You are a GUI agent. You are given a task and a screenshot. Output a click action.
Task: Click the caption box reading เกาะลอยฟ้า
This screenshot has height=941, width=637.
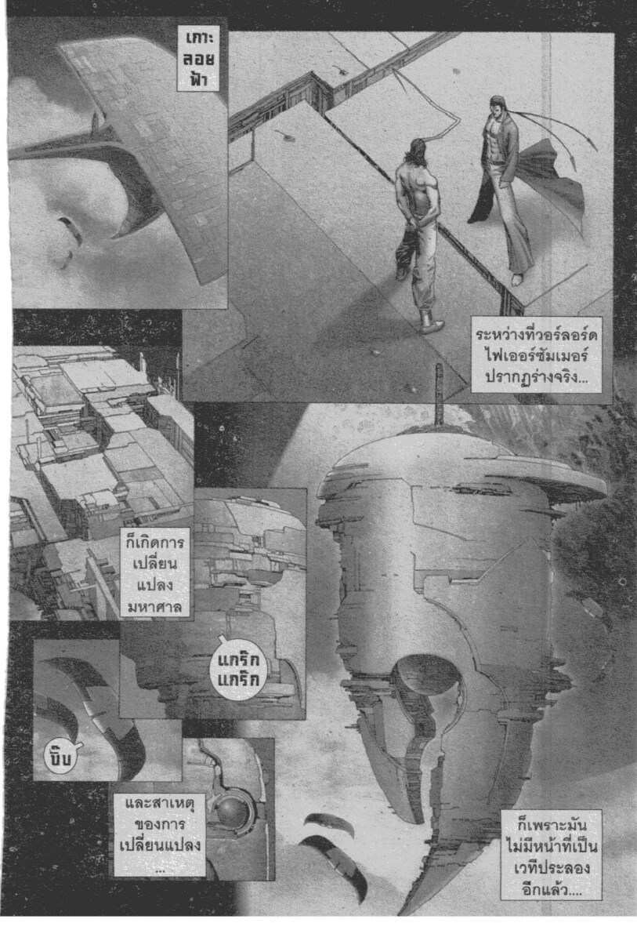click(198, 59)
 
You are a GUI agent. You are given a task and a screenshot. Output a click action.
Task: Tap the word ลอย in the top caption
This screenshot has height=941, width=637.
click(198, 58)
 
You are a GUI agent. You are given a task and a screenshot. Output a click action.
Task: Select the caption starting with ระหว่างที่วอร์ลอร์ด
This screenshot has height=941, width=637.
click(536, 355)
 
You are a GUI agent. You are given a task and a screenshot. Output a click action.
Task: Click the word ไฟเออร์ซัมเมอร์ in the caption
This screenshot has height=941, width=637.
click(536, 356)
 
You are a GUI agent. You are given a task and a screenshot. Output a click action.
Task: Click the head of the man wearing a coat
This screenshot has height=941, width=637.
click(499, 105)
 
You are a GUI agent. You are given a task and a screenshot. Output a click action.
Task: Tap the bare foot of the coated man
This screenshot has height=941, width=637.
click(518, 279)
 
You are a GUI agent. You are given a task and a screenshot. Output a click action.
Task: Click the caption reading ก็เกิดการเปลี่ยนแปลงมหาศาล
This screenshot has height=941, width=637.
click(155, 573)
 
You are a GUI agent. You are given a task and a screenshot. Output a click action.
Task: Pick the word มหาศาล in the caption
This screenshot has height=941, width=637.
click(155, 606)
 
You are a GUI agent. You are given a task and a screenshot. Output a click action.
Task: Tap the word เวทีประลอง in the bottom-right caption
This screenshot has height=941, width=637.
click(552, 867)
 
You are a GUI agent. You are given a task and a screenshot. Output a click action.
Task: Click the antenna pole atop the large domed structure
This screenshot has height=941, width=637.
click(440, 395)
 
